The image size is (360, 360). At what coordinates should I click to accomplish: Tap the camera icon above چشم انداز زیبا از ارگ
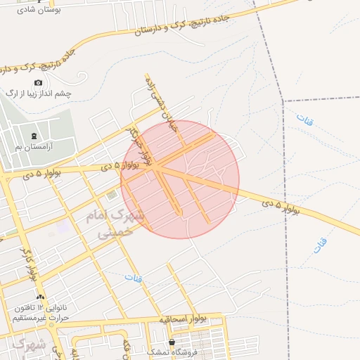38,83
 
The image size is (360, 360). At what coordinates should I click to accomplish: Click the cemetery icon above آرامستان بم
34,136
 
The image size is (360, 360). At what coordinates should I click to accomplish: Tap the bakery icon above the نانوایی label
41,297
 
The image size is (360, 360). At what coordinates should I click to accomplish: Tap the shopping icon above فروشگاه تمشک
172,342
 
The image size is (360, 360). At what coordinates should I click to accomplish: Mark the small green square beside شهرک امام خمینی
112,194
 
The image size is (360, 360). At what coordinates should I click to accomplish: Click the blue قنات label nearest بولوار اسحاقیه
134,278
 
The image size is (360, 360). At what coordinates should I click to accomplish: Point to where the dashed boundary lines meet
284,101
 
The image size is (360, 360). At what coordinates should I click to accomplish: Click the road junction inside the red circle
157,168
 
